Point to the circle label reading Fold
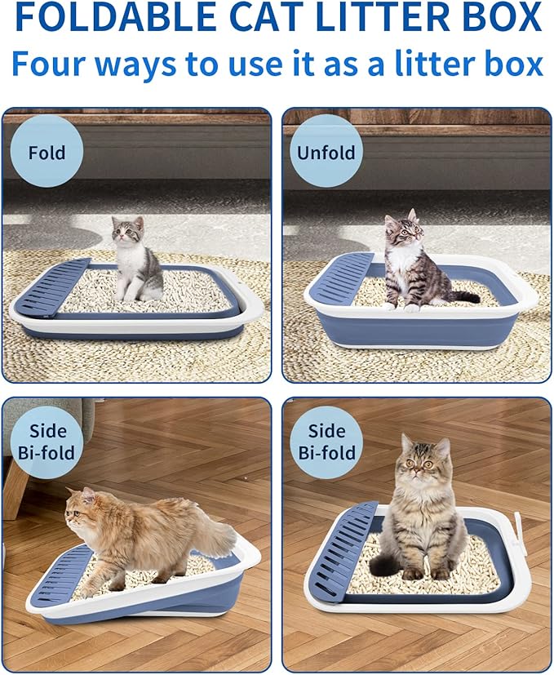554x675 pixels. click(x=47, y=153)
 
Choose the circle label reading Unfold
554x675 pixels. click(x=326, y=153)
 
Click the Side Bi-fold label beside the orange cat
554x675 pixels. click(x=47, y=442)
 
